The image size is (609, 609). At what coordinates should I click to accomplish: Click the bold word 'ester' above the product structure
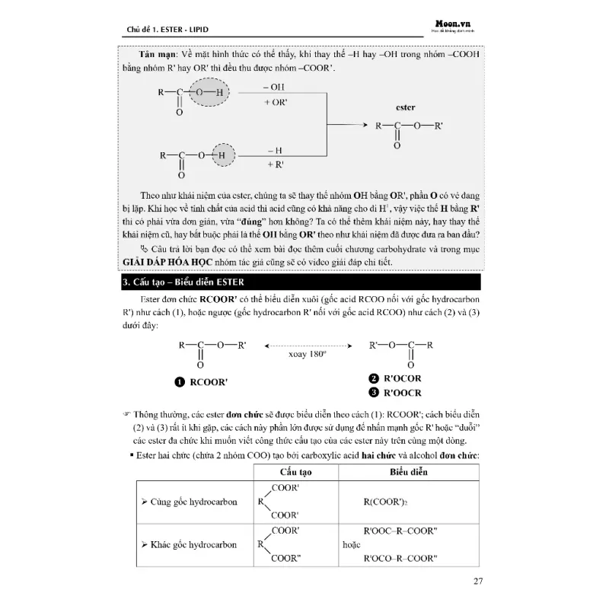coord(406,108)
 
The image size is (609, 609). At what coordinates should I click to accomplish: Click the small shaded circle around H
coord(222,156)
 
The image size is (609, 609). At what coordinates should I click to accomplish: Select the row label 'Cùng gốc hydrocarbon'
coord(190,502)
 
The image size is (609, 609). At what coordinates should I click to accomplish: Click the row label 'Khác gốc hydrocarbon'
coord(190,545)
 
